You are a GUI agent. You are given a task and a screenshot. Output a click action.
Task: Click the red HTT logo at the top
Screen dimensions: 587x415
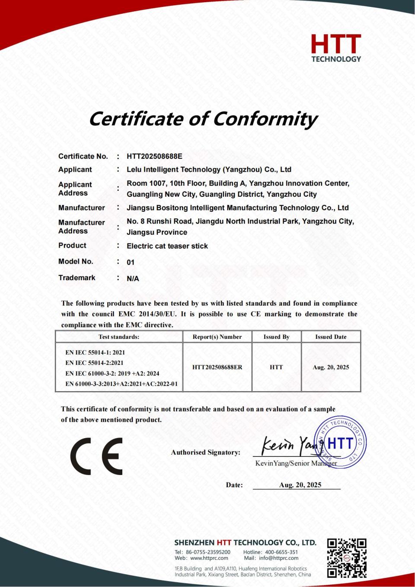(x=336, y=48)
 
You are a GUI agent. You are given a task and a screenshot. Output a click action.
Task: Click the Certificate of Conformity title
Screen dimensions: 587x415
(x=203, y=118)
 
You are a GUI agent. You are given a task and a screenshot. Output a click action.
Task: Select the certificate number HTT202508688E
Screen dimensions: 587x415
(x=154, y=156)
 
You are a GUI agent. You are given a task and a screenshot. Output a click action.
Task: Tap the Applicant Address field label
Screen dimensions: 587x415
(x=75, y=189)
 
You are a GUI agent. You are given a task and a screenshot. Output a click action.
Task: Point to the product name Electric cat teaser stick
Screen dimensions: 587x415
(x=167, y=246)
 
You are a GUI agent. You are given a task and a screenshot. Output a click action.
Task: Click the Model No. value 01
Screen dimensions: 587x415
(x=131, y=262)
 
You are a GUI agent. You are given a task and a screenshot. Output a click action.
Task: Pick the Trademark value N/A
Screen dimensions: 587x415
(x=133, y=279)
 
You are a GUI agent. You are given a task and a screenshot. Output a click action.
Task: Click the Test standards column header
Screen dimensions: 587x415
(x=119, y=337)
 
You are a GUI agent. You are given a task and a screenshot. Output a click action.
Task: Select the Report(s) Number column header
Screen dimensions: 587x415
(x=217, y=337)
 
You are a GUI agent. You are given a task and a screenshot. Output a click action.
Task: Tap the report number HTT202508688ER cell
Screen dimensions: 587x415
(x=217, y=367)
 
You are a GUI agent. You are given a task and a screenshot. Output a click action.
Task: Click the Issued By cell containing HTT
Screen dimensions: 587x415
(x=276, y=367)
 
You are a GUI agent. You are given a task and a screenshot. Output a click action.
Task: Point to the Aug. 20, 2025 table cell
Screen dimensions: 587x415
(x=331, y=367)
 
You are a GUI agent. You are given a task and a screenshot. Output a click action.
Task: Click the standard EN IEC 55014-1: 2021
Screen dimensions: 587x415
(x=95, y=353)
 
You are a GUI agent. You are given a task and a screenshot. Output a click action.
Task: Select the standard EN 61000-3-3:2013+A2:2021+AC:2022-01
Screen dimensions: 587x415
(x=121, y=384)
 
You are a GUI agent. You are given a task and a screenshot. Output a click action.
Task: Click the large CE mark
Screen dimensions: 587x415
(x=96, y=456)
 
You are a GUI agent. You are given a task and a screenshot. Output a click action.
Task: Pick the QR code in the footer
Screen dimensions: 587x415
(x=347, y=558)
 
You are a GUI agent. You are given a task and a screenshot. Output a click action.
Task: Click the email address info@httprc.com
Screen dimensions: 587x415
(x=278, y=558)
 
